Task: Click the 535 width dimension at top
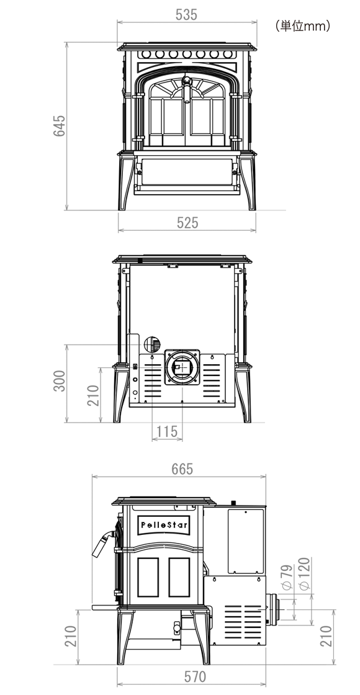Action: point(186,15)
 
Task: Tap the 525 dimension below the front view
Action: point(187,223)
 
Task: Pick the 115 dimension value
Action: point(167,431)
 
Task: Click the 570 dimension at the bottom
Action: point(195,677)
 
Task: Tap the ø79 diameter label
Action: point(286,576)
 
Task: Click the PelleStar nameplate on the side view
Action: point(164,525)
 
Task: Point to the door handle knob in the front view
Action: point(187,81)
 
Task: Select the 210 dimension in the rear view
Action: point(92,395)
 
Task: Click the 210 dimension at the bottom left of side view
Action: point(71,636)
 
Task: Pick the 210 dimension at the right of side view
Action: point(326,636)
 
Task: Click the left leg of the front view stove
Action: point(125,182)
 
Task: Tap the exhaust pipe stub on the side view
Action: point(274,609)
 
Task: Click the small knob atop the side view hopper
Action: point(233,503)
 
